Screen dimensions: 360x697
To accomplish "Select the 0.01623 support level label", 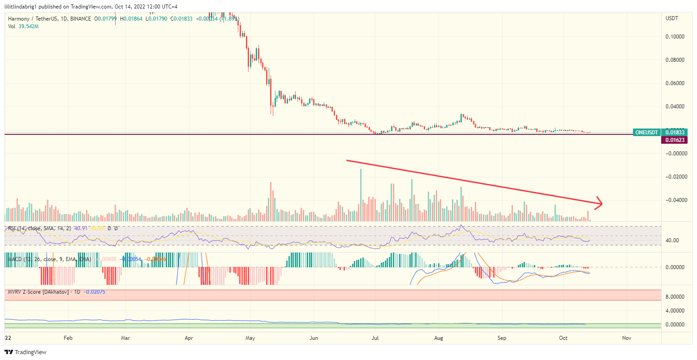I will (674, 140).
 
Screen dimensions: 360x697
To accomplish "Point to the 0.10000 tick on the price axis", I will (675, 37).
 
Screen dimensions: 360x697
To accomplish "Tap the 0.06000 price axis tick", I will (675, 83).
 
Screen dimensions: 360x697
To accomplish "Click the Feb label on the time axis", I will (68, 338).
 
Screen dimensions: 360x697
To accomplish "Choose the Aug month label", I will (439, 338).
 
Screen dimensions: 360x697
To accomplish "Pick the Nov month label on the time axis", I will (627, 338).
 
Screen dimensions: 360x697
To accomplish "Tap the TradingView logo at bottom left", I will (26, 352).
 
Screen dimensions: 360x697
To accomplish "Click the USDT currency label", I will (672, 18).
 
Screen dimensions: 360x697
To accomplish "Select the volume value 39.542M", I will (29, 26).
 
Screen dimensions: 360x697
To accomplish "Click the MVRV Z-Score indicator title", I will (38, 292).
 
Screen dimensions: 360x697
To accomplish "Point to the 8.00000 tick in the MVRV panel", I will (675, 297).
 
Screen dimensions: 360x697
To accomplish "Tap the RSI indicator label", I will (13, 228).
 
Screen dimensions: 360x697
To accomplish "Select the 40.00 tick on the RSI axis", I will (672, 240).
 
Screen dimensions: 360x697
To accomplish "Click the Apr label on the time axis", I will (189, 338).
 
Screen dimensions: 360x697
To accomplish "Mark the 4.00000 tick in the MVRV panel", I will (675, 311).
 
